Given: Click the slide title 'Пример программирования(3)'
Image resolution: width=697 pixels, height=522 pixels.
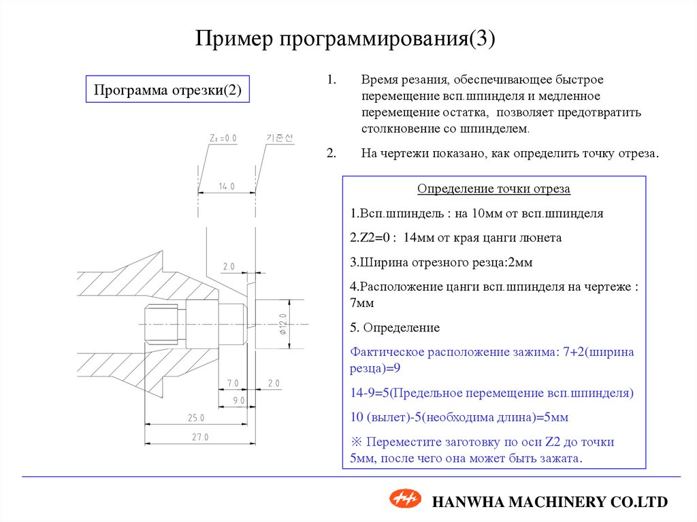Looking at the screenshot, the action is [x=347, y=38].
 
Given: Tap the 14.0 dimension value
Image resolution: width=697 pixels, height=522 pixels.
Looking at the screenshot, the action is [x=227, y=186].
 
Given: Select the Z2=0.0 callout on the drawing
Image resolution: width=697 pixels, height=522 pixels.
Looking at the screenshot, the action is [x=223, y=137].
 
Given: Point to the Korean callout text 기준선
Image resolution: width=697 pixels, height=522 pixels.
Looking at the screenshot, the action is [x=279, y=137].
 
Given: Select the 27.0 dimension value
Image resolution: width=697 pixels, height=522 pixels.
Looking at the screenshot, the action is [x=199, y=437].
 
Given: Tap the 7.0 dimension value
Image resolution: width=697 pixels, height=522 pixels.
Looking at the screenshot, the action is [x=233, y=383].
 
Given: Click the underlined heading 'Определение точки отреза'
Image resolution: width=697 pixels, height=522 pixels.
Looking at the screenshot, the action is [x=493, y=189].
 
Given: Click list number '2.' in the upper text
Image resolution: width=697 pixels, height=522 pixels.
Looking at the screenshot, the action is [x=331, y=153].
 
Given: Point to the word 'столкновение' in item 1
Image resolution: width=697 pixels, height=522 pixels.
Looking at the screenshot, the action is [x=394, y=128].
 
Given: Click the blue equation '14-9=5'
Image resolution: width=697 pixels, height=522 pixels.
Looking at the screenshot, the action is [x=370, y=393].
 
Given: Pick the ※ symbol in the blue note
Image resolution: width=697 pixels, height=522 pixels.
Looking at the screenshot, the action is [x=355, y=442].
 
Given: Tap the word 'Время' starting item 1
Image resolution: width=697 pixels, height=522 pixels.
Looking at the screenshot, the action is [x=378, y=80].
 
